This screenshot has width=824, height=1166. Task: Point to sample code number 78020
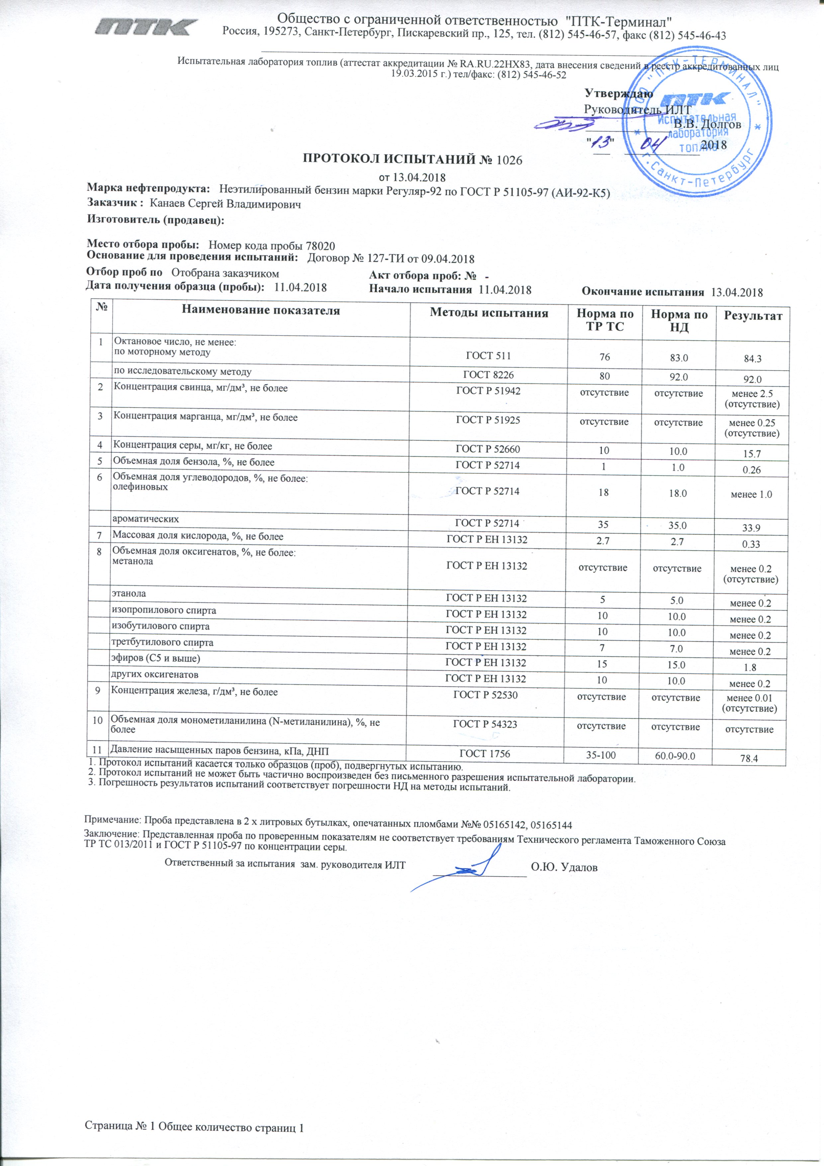point(320,246)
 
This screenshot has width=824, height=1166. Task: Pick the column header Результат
point(753,316)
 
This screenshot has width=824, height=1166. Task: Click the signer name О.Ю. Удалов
point(564,867)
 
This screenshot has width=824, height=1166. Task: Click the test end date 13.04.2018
point(737,292)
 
